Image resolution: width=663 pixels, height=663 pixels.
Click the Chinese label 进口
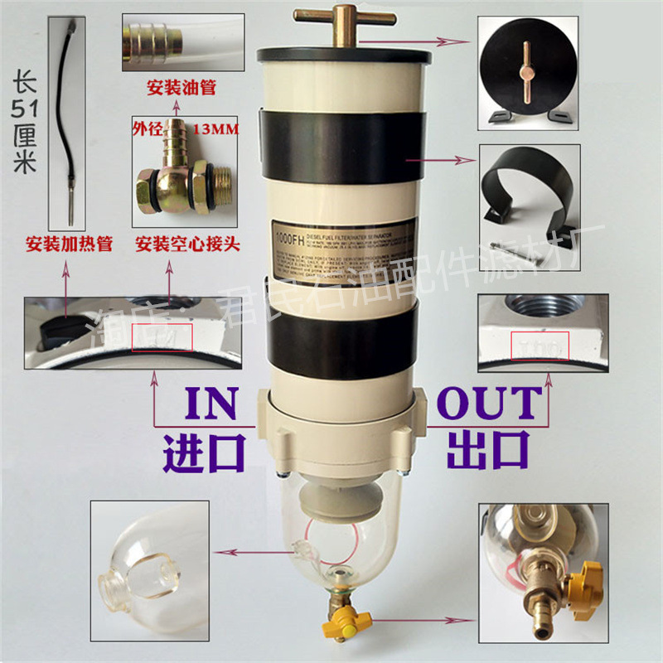205,451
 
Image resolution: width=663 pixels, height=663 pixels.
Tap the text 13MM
213,129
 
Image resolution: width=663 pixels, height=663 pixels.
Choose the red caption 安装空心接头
183,245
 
